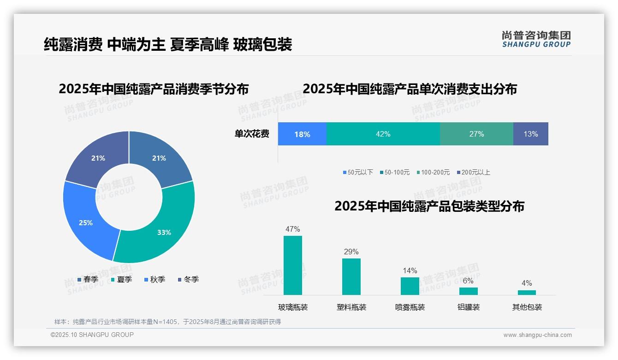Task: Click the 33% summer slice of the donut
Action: click(x=164, y=232)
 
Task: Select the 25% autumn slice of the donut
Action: click(x=86, y=222)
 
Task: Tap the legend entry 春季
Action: click(x=88, y=279)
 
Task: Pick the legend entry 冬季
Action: click(x=188, y=279)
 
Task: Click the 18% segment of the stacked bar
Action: click(x=302, y=134)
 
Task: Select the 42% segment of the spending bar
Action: click(x=383, y=134)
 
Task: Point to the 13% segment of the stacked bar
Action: click(x=530, y=134)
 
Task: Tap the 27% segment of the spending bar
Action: click(x=476, y=134)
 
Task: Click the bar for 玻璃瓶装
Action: click(x=292, y=265)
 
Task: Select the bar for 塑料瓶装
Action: click(x=351, y=276)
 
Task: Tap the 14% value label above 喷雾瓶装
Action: click(x=410, y=270)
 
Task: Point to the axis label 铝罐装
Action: click(x=468, y=307)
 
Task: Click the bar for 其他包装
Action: click(x=527, y=292)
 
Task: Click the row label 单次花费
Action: click(x=252, y=134)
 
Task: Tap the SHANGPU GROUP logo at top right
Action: click(x=536, y=39)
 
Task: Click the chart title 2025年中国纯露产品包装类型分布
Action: click(x=429, y=206)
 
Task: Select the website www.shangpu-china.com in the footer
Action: click(x=537, y=335)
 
